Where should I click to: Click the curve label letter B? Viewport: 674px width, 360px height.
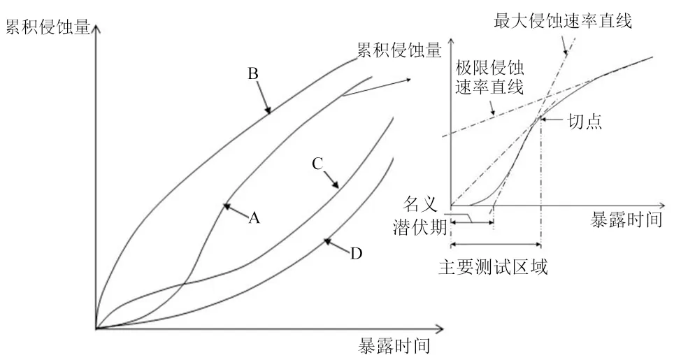coord(253,74)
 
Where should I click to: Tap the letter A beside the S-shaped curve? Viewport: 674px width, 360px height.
coord(254,218)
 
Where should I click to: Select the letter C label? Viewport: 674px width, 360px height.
coord(317,164)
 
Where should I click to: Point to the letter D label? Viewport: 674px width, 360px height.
coord(356,254)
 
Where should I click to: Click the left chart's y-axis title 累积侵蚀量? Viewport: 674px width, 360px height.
coord(48,27)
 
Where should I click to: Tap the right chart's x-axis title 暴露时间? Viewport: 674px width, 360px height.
coord(626,219)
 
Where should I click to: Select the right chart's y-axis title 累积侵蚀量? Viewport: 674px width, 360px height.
coord(399,50)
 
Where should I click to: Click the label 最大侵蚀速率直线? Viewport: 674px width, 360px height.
coord(563,20)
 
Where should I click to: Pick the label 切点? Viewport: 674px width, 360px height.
coord(585,122)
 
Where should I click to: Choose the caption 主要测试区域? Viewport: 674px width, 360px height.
coord(493,267)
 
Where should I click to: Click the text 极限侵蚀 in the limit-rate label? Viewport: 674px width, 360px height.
coord(489,68)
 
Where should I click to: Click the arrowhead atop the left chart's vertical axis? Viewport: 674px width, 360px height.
coord(96,29)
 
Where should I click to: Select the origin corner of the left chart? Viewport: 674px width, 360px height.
coord(96,329)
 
